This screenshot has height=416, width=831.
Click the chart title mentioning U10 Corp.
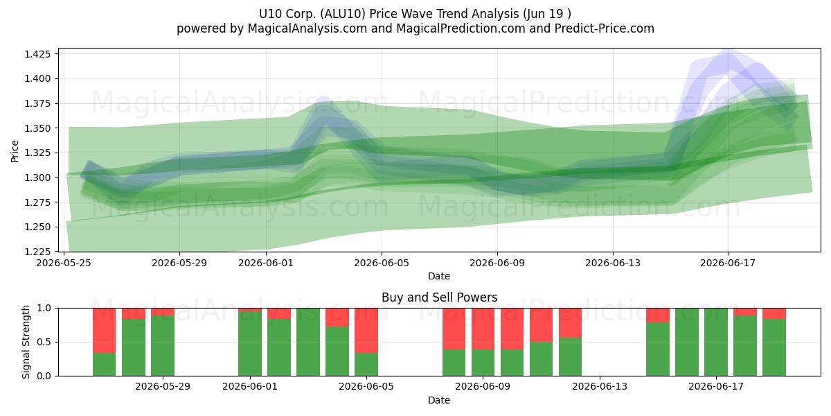coord(415,14)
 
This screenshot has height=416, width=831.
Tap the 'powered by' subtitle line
coord(415,28)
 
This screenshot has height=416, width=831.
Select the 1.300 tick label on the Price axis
coord(37,177)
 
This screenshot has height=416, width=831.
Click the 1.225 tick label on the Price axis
coord(37,252)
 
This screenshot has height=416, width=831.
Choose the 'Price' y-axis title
coord(15,151)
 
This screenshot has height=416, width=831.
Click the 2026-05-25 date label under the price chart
coord(64,263)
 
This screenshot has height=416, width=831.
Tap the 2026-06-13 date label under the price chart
coord(613,263)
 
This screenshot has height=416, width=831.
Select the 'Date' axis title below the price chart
coord(439,276)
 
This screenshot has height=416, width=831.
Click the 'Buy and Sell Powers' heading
coord(439,297)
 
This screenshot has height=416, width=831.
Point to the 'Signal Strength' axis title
coord(26,342)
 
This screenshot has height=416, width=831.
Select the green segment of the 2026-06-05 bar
coord(366,365)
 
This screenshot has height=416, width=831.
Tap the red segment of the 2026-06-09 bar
coord(483,329)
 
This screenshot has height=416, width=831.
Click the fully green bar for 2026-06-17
coord(716,342)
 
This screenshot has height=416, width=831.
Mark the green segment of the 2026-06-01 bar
coord(250,344)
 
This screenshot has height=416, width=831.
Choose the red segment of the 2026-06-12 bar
coord(570,323)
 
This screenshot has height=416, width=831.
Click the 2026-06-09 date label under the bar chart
coord(483,387)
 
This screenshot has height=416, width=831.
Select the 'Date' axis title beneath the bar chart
coord(439,400)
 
